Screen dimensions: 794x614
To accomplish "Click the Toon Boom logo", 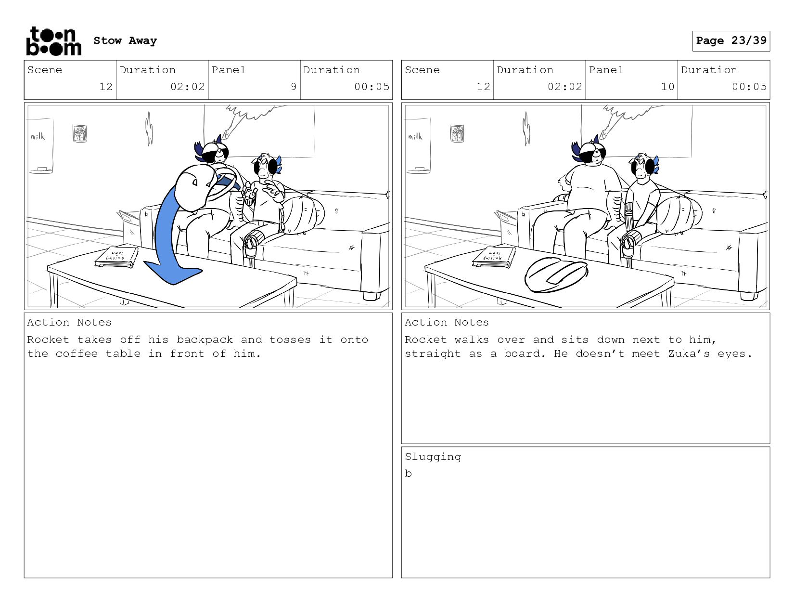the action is click(54, 41).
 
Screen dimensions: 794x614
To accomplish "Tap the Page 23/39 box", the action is click(731, 40).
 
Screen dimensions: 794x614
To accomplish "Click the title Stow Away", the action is click(125, 40).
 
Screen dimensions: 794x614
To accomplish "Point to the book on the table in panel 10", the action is click(494, 257).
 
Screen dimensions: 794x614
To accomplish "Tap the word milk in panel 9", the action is click(38, 136).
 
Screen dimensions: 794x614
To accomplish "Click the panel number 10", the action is click(667, 87).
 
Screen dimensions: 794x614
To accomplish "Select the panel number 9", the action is click(294, 87).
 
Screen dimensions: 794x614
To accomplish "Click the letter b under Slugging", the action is click(408, 473).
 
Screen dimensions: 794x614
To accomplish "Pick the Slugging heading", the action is click(433, 457).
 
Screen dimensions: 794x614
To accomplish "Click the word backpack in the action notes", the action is click(205, 340).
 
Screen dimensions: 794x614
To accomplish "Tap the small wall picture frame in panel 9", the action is click(79, 133).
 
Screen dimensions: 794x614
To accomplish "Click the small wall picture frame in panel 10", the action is click(457, 133).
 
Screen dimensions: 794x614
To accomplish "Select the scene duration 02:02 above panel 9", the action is click(188, 87).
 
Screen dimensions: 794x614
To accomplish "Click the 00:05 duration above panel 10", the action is click(749, 87).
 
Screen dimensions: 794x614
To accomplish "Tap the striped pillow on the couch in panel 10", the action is click(679, 216).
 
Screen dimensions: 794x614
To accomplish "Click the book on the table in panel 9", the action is click(116, 257).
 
